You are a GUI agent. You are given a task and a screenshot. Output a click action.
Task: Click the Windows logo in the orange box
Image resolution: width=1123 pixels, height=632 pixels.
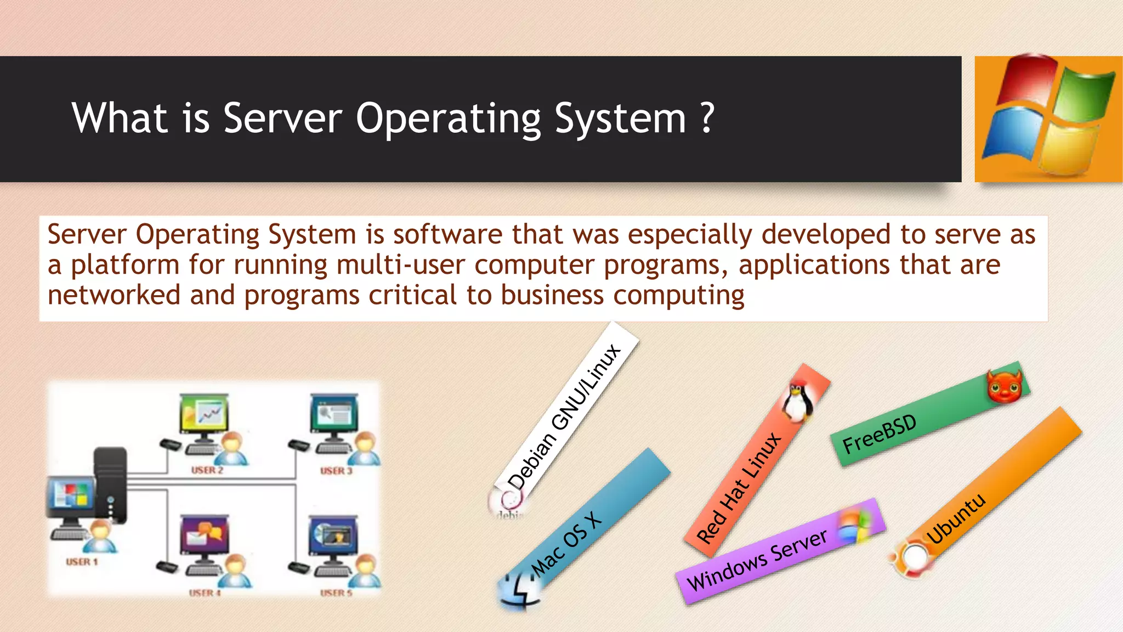[1048, 117]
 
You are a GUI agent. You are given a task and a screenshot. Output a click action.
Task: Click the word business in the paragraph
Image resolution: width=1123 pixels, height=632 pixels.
[552, 295]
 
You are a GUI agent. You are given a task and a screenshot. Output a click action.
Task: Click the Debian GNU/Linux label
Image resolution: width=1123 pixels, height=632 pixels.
[565, 416]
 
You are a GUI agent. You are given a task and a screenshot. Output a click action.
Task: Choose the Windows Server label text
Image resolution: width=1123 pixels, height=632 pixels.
[757, 560]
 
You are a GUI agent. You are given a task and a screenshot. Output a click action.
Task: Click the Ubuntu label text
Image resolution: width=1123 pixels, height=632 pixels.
[955, 518]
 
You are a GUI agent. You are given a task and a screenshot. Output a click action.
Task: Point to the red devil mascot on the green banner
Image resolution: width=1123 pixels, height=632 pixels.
[1005, 386]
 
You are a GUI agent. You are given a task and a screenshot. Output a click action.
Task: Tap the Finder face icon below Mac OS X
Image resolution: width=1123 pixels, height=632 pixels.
[519, 592]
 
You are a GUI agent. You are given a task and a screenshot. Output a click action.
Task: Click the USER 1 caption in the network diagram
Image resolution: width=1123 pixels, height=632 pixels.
[82, 562]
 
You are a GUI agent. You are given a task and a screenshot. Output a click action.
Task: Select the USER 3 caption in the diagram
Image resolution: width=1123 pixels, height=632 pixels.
[336, 471]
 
